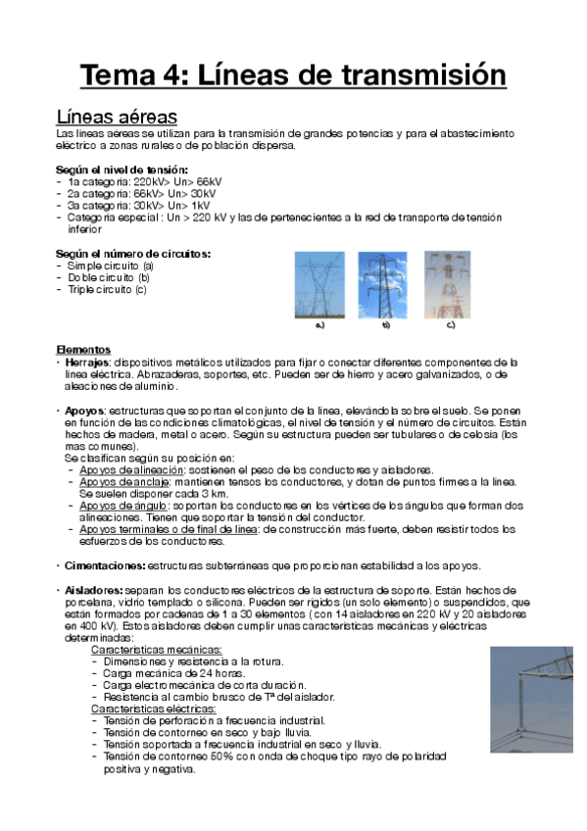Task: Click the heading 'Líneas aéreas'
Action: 117,117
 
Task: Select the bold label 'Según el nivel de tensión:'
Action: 122,170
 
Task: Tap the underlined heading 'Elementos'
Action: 83,350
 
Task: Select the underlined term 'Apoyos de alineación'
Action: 124,469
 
